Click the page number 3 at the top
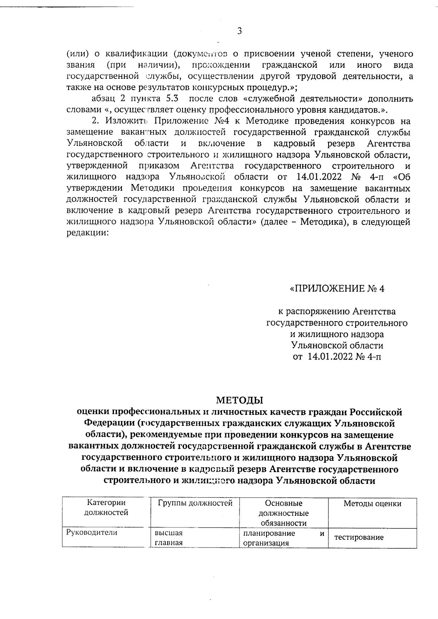pyautogui.click(x=239, y=31)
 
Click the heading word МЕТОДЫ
pyautogui.click(x=240, y=400)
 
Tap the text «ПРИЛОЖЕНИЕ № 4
pyautogui.click(x=337, y=289)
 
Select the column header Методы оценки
pyautogui.click(x=372, y=504)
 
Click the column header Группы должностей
pyautogui.click(x=195, y=503)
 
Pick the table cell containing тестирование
pyautogui.click(x=359, y=537)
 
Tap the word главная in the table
pyautogui.click(x=169, y=542)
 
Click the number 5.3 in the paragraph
pyautogui.click(x=169, y=99)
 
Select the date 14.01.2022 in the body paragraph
pyautogui.click(x=317, y=177)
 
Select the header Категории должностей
pyautogui.click(x=106, y=508)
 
